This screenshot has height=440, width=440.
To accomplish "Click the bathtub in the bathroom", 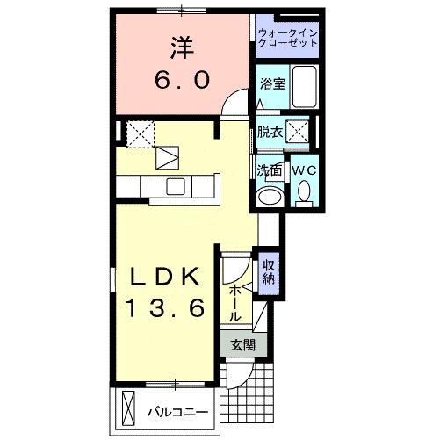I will pyautogui.click(x=304, y=87).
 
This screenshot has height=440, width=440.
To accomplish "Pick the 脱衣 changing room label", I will pyautogui.click(x=270, y=133).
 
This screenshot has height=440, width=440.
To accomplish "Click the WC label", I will pyautogui.click(x=304, y=170).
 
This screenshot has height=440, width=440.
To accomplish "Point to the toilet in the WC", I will pyautogui.click(x=305, y=191).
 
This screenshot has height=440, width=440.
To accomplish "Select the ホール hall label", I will pyautogui.click(x=235, y=302).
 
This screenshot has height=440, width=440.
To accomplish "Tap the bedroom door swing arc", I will pyautogui.click(x=232, y=104).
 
